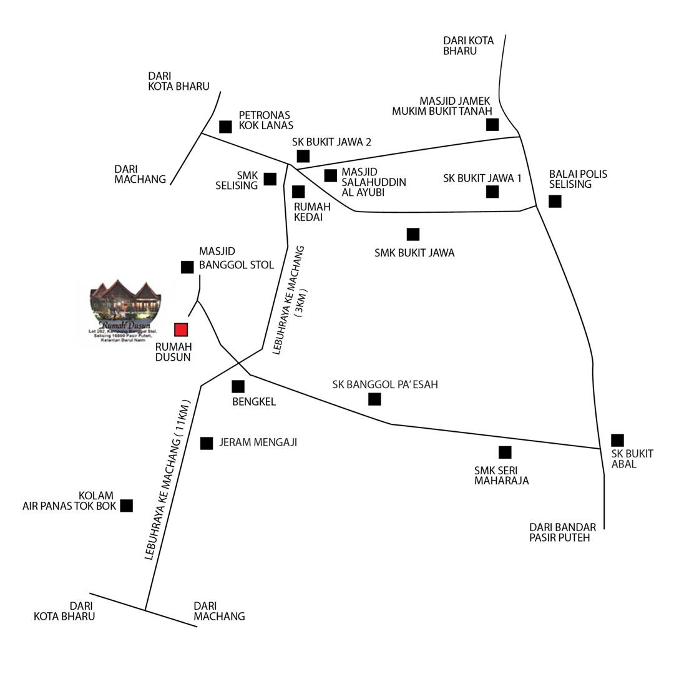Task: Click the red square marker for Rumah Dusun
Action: (x=181, y=330)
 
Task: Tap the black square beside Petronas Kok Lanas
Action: (x=225, y=127)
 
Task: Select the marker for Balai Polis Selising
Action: (x=555, y=201)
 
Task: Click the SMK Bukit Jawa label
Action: (x=414, y=253)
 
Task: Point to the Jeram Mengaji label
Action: (x=258, y=442)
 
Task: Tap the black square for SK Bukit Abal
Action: (x=617, y=440)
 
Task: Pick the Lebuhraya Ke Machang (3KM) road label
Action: (x=290, y=300)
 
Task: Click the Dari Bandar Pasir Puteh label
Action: (x=562, y=532)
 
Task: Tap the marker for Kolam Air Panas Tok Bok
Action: (x=127, y=506)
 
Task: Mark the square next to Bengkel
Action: (x=238, y=386)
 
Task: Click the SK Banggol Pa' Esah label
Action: (x=385, y=384)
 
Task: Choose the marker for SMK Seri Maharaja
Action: (x=505, y=452)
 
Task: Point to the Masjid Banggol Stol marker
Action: (x=187, y=267)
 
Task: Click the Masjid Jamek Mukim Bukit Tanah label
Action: (x=441, y=105)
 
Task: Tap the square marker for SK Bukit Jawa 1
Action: (x=492, y=192)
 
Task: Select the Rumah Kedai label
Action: (x=312, y=212)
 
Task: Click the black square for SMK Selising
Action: (x=270, y=179)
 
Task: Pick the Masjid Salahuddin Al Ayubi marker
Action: (x=331, y=175)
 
